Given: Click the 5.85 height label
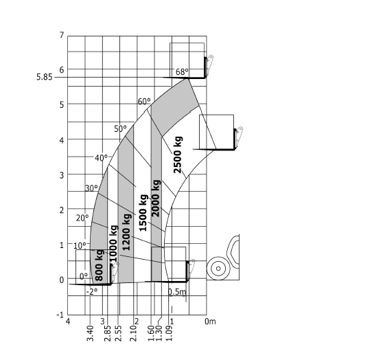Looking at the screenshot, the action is click(x=45, y=77).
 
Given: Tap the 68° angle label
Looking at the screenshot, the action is click(x=182, y=71).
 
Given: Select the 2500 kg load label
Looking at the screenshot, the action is click(x=178, y=155).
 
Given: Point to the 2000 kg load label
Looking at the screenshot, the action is click(x=156, y=199).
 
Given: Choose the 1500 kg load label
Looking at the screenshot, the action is click(x=143, y=213).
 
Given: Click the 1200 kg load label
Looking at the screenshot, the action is click(x=126, y=232).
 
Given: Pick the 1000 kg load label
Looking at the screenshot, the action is click(x=113, y=243).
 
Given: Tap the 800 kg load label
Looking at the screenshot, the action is click(x=99, y=265).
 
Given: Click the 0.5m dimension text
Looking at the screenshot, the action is click(x=177, y=292).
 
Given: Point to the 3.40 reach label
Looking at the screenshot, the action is click(x=91, y=333).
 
